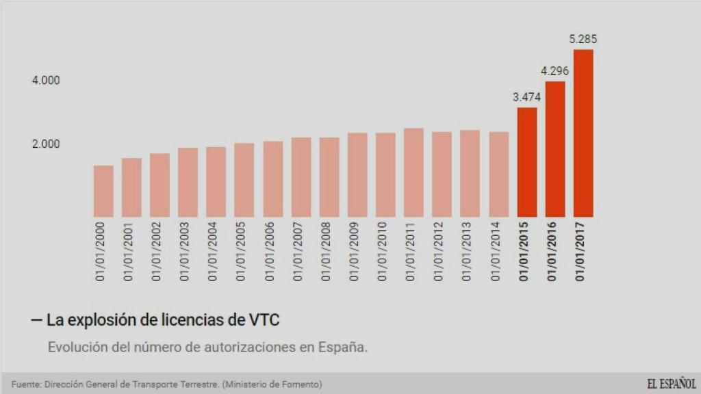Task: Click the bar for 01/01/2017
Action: click(x=583, y=133)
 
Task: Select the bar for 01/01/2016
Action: click(x=555, y=149)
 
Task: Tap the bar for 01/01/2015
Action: click(x=527, y=162)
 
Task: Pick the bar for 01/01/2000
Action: click(x=103, y=191)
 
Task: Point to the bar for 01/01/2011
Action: click(x=413, y=172)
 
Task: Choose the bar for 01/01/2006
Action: click(x=273, y=179)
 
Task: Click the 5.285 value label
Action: click(x=583, y=39)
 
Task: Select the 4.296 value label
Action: click(x=555, y=70)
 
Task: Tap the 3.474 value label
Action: click(x=527, y=97)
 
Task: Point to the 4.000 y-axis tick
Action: click(x=46, y=81)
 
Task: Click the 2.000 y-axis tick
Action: click(x=46, y=144)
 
